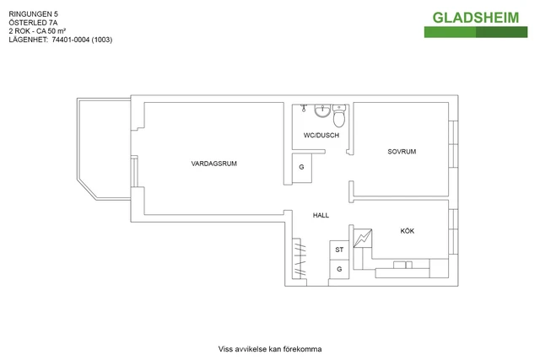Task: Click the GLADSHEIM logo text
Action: [476, 17]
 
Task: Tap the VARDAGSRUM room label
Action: [213, 163]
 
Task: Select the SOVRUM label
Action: [402, 152]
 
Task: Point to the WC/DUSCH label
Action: [321, 135]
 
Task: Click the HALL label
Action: [321, 215]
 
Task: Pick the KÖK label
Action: [407, 231]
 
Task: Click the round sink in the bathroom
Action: [321, 111]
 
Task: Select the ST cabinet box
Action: [339, 250]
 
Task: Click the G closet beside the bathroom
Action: [302, 167]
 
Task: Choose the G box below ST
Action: [339, 269]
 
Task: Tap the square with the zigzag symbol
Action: [362, 239]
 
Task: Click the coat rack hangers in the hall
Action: [300, 259]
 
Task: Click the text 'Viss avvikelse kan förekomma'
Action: [270, 348]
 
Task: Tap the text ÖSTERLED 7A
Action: [33, 23]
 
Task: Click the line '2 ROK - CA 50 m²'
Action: [41, 31]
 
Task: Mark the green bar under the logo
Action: [476, 32]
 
